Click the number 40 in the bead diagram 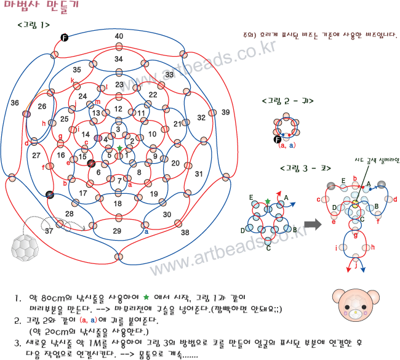click(119, 36)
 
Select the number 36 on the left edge click(15, 103)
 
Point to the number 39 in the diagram click(226, 111)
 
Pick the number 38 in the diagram click(185, 233)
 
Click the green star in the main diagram click(120, 148)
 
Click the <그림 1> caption click(34, 25)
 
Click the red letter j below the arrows click(355, 266)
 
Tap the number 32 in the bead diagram click(201, 118)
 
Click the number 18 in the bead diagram click(118, 204)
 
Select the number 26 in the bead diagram click(42, 106)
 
